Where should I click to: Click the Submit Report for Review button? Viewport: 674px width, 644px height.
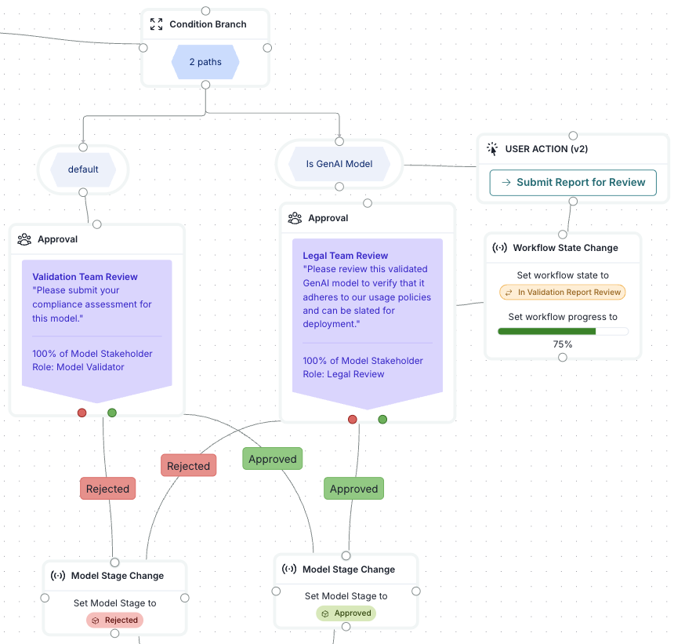573,182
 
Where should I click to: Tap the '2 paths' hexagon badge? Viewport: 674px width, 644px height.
205,62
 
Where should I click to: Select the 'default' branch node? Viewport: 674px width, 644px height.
83,169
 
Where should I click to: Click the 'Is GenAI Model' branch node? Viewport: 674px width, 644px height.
339,164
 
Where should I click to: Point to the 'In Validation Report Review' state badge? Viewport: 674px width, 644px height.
563,292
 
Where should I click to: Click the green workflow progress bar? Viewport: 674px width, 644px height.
547,331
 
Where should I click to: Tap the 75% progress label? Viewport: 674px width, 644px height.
563,344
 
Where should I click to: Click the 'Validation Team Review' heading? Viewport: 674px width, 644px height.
85,277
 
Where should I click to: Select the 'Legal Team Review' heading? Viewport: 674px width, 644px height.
345,256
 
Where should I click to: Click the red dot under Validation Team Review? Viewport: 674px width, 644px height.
82,413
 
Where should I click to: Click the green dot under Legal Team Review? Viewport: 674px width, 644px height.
382,420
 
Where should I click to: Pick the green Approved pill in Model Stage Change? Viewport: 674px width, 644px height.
346,613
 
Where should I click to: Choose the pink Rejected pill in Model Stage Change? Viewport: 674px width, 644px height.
115,620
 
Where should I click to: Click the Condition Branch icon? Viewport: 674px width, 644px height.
157,24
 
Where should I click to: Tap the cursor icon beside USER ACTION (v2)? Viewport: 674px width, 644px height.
492,148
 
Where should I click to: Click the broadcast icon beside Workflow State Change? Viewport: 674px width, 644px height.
499,248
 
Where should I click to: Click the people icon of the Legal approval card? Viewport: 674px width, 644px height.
295,218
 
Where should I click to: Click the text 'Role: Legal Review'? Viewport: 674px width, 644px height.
343,374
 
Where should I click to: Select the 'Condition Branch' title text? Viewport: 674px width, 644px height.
208,24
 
